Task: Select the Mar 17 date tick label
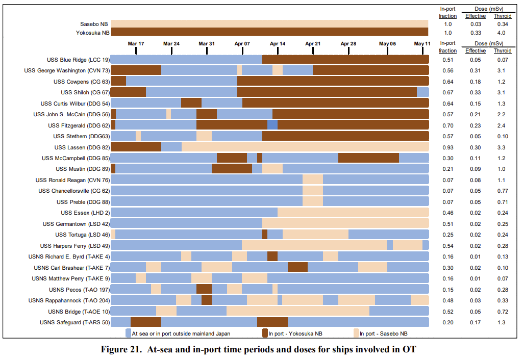coord(136,44)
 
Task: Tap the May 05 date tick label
coord(387,44)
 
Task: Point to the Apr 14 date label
coord(278,44)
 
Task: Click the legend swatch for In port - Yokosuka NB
coord(265,333)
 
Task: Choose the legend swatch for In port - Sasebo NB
coord(356,333)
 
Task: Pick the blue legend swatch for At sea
coord(129,333)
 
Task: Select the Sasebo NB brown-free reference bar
coord(269,24)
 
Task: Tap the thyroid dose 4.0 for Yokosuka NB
coord(502,33)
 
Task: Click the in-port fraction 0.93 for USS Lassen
coord(448,147)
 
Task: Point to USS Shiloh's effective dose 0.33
coord(476,92)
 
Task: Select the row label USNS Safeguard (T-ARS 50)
coord(74,322)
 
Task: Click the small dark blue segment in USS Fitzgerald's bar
coord(272,125)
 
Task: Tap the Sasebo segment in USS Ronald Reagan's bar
coord(313,179)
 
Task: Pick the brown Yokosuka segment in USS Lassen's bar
coord(136,147)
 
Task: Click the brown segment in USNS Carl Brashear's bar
coord(297,267)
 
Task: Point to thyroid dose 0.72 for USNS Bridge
coord(502,311)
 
